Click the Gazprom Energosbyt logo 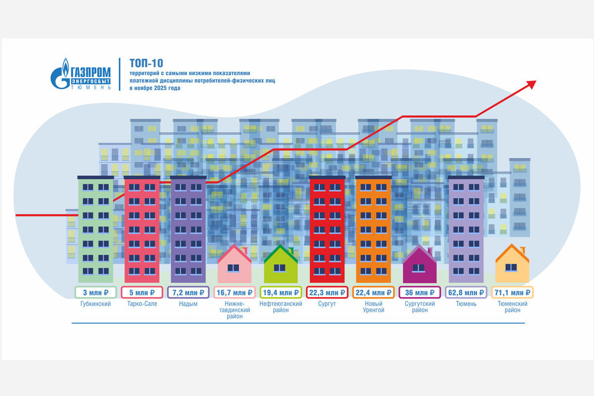(x=81, y=74)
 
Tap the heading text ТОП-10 (x=146, y=63)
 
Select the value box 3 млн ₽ (x=95, y=292)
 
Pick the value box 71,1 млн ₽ (x=513, y=292)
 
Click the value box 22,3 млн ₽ (x=327, y=292)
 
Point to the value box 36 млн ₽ (x=420, y=292)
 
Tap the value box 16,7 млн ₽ (x=235, y=292)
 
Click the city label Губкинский (x=95, y=304)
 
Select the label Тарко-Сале (x=142, y=304)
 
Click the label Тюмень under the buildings (x=466, y=304)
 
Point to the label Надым (x=188, y=304)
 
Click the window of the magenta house (x=419, y=268)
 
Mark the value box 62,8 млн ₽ (x=466, y=292)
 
